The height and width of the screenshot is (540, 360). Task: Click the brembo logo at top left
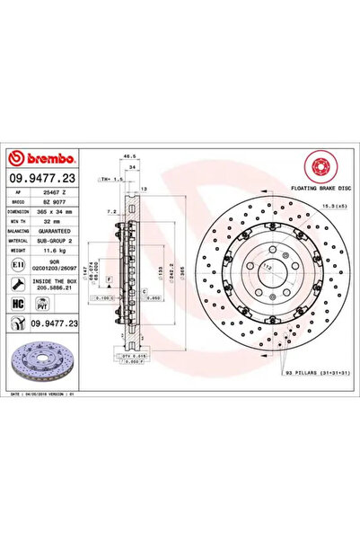tap(32, 137)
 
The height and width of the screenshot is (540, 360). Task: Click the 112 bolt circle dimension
tap(268, 268)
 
